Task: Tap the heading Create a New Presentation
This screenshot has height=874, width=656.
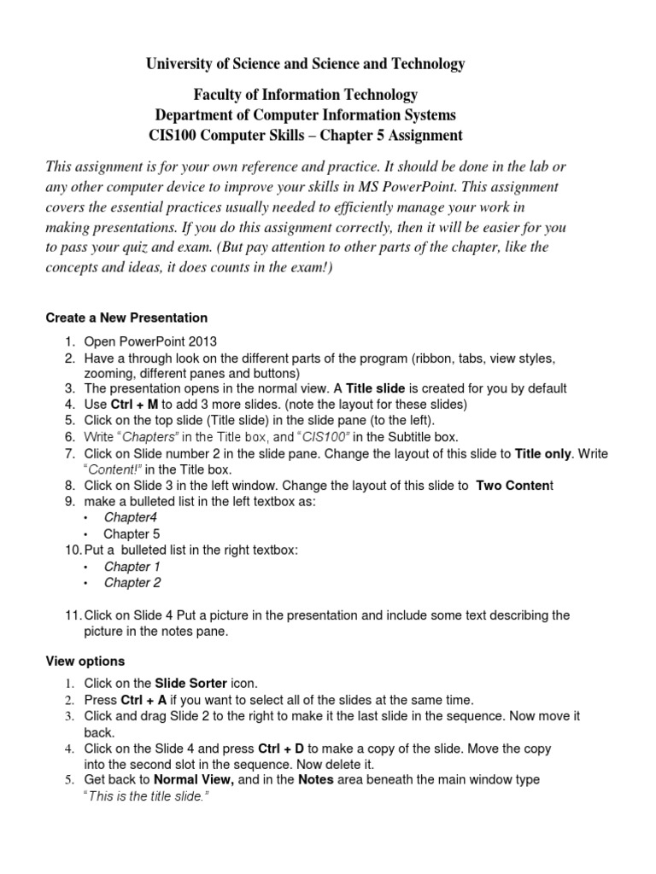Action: pyautogui.click(x=126, y=318)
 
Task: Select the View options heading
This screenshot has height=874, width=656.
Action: pyautogui.click(x=85, y=661)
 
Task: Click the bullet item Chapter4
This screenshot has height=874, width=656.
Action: pyautogui.click(x=131, y=517)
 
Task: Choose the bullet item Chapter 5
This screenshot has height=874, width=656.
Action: pyautogui.click(x=132, y=533)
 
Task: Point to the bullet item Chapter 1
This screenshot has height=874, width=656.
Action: pyautogui.click(x=132, y=567)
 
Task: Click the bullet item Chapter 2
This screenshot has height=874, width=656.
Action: pyautogui.click(x=132, y=583)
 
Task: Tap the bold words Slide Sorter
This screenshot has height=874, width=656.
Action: pyautogui.click(x=191, y=684)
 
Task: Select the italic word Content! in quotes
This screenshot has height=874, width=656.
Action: pyautogui.click(x=109, y=469)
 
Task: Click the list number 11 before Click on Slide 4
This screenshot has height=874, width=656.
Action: pyautogui.click(x=72, y=615)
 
